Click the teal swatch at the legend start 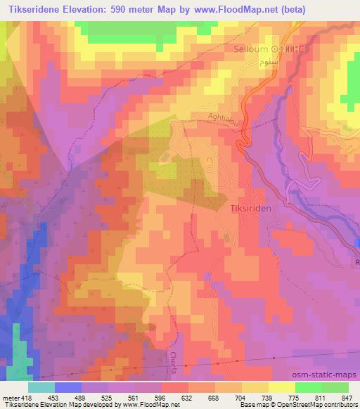coord(41,387)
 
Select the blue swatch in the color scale coord(68,387)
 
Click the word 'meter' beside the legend coord(11,398)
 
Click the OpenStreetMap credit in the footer coord(306,405)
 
